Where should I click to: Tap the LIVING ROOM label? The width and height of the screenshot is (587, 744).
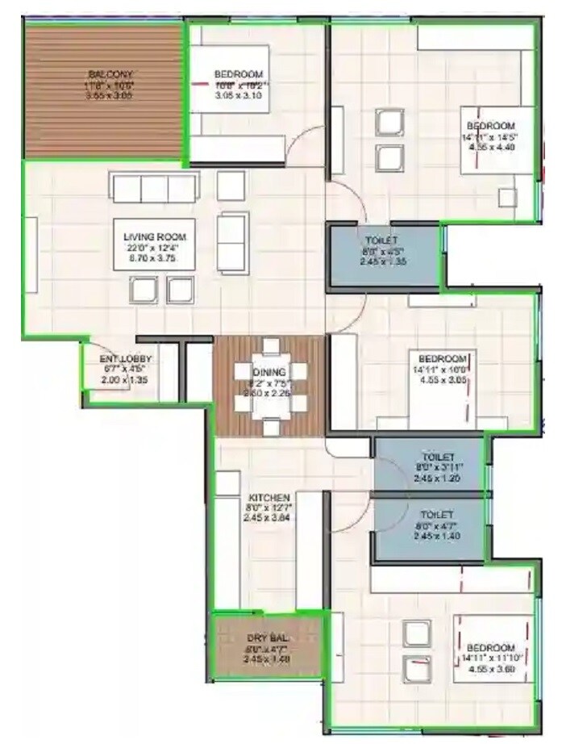(x=155, y=236)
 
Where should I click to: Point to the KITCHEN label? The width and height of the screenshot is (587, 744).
(x=269, y=496)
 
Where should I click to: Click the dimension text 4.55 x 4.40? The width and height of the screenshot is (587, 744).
(x=490, y=148)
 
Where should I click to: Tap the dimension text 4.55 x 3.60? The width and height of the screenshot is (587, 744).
(x=490, y=669)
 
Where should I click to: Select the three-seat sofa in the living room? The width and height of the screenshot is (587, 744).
(x=155, y=188)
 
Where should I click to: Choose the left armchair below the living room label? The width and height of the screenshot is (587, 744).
(x=144, y=290)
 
